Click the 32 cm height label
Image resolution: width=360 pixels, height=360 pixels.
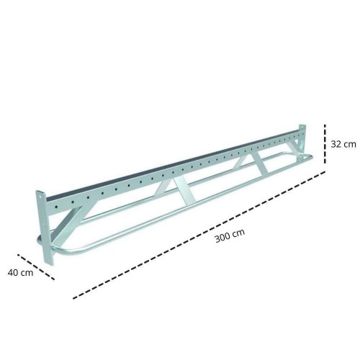[x=343, y=144]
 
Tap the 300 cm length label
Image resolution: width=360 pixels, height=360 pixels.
[x=230, y=235]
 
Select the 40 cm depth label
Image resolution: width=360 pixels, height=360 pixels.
[x=20, y=273]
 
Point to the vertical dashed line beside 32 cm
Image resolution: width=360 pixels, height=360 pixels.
[x=325, y=144]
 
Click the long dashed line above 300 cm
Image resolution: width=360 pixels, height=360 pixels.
[x=199, y=235]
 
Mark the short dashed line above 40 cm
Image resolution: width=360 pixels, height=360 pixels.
[x=36, y=266]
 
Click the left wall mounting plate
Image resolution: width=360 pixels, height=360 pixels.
[x=45, y=228]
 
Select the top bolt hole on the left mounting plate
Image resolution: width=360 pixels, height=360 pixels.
[x=40, y=197]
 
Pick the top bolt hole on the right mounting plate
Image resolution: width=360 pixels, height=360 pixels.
[x=302, y=127]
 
